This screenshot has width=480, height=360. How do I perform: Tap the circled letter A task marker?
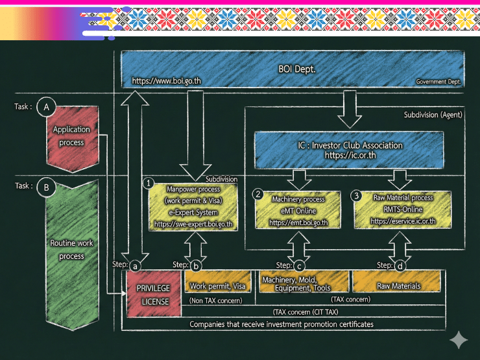[45, 107]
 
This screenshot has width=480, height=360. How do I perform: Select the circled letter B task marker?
[45, 188]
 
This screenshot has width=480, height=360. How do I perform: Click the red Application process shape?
[71, 136]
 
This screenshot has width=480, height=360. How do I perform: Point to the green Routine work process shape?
[71, 250]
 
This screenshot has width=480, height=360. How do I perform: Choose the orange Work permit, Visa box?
[217, 286]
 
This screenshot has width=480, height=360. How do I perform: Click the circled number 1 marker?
[149, 184]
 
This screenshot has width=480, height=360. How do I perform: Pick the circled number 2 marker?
[258, 195]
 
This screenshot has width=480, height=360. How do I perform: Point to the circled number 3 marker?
[355, 195]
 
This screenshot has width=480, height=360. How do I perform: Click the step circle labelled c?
[299, 265]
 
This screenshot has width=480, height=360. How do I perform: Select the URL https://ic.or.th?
[350, 156]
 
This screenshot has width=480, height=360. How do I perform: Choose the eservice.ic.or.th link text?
[403, 221]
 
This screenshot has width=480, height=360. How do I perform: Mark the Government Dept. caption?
[438, 82]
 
